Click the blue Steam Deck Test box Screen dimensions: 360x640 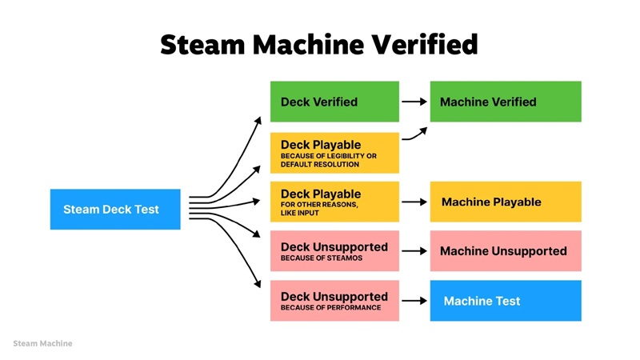click(115, 210)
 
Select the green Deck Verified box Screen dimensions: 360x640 click(334, 102)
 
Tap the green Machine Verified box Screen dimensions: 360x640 click(506, 102)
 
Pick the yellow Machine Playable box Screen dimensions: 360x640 click(506, 202)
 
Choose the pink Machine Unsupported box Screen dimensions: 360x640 click(506, 251)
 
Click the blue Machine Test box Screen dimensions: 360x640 click(506, 301)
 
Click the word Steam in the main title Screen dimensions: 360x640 click(198, 44)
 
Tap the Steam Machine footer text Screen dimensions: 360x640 click(42, 343)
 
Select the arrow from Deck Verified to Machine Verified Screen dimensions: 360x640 click(414, 102)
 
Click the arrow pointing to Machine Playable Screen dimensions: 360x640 click(414, 202)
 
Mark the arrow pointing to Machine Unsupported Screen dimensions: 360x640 click(414, 251)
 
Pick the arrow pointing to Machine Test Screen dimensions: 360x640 click(414, 301)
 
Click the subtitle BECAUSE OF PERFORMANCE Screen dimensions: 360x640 click(330, 308)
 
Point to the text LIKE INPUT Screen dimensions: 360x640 click(302, 213)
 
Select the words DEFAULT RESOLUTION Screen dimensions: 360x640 click(320, 164)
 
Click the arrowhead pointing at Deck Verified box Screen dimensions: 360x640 click(258, 119)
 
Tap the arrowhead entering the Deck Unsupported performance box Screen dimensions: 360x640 click(258, 284)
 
